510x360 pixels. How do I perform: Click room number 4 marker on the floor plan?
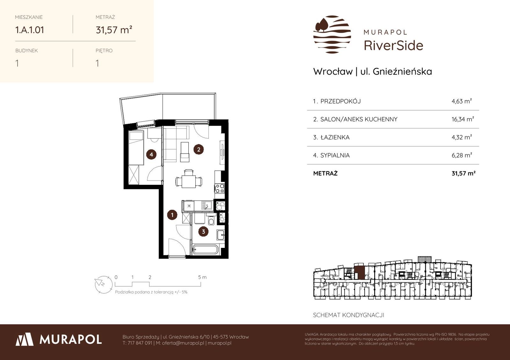[151, 155]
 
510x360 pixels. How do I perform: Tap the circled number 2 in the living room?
[199, 149]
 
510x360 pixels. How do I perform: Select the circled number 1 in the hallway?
[172, 215]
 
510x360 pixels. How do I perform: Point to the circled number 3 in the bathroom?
[203, 232]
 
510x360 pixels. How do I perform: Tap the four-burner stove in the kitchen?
[220, 188]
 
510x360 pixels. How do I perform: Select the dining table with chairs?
[188, 179]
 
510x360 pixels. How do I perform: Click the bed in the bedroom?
[136, 148]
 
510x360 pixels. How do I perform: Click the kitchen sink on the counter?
[207, 206]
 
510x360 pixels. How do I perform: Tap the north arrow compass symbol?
[104, 284]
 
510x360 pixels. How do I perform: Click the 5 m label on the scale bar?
[202, 277]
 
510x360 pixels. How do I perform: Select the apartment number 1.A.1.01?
[30, 30]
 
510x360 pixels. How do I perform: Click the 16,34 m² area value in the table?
[463, 119]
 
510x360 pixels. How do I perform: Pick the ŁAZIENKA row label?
[335, 137]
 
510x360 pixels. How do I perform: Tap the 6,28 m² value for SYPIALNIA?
[462, 155]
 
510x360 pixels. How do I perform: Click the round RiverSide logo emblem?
[332, 34]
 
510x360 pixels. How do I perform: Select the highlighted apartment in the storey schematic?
[360, 272]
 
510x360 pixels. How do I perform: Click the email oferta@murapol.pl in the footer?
[183, 343]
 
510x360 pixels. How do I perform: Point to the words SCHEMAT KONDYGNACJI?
[349, 315]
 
